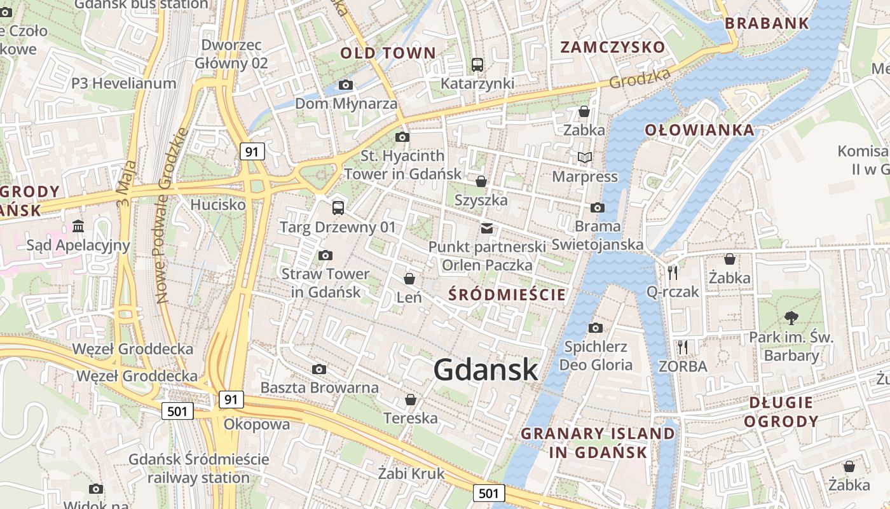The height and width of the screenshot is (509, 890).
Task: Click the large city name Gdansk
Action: coord(486,370)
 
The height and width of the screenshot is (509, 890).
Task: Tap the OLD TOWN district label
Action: coord(388,53)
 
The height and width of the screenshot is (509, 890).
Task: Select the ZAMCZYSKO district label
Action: coord(612,47)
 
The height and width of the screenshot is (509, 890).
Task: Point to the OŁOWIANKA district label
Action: coord(700,130)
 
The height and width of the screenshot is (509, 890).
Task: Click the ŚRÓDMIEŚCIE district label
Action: coord(507,295)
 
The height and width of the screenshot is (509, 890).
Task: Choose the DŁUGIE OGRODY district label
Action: coord(781,412)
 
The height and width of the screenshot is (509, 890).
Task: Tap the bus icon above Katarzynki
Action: coord(477,64)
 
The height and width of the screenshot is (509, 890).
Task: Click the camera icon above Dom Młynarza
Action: coord(346,85)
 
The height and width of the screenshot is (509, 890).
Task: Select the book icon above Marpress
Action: coord(585,157)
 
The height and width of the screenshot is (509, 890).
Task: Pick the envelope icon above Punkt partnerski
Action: coord(487,228)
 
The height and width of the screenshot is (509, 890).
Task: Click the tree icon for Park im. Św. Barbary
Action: coord(791,317)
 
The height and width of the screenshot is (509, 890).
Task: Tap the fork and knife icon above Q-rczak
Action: coord(673,273)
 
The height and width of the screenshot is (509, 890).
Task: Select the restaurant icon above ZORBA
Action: coord(683,347)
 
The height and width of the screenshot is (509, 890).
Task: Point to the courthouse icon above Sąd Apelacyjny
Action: coord(78,226)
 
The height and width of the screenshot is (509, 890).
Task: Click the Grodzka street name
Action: coord(640,78)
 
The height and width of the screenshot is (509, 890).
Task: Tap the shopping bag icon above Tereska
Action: coord(411,400)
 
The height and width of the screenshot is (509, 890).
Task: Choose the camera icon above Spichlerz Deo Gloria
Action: coord(596,328)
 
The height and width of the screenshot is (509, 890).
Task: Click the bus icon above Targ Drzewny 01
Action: coord(338,207)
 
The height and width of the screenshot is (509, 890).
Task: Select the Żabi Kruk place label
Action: coord(411,473)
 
